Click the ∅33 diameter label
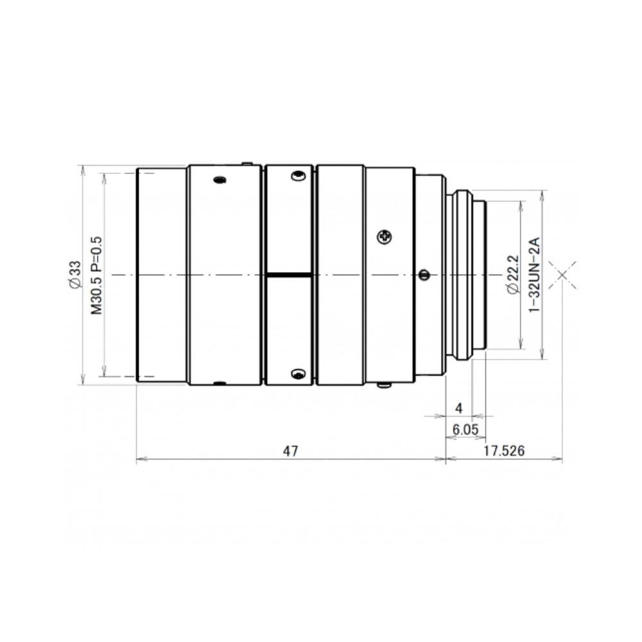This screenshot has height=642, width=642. (75, 275)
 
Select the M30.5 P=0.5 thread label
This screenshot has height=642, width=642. (97, 275)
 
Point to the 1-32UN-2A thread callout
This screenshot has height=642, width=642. (535, 275)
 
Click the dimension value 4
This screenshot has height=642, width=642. (459, 408)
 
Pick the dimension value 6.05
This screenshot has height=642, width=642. (465, 429)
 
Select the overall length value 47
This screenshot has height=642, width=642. (291, 451)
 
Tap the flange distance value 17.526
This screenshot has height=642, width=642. (504, 451)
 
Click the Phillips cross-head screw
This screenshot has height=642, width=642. (385, 236)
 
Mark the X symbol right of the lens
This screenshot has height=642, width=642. (562, 275)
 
